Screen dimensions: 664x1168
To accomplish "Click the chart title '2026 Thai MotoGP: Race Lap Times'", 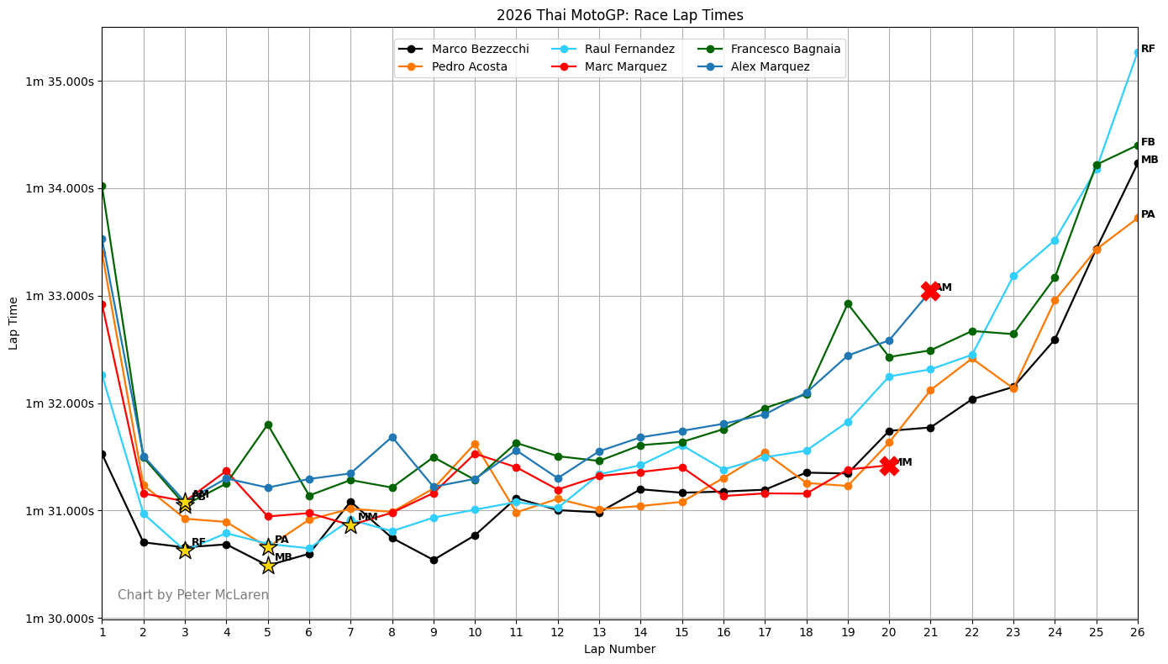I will pos(619,15).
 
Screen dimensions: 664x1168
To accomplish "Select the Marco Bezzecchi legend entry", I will pos(480,50).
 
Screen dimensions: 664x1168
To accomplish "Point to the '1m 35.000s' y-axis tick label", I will pos(60,82).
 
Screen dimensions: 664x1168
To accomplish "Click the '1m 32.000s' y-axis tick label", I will pos(60,403).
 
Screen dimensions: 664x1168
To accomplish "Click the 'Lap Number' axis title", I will pos(619,650).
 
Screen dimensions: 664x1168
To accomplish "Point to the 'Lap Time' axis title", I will pos(14,323).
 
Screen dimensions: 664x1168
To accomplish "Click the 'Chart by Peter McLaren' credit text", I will pos(193,595).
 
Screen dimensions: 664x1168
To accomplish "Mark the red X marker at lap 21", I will pos(930,291).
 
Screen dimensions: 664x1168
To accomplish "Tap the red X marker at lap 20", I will pos(889,466).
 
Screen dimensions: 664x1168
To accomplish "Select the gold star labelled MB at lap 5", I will pos(268,565).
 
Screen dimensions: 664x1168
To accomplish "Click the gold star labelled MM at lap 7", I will pos(350,524).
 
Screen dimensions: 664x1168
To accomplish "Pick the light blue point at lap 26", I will pos(1138,52).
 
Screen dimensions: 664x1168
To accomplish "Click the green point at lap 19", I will pos(848,303).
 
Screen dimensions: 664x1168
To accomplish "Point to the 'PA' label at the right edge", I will pos(1148,215).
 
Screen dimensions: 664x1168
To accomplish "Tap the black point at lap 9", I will pos(434,560).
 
